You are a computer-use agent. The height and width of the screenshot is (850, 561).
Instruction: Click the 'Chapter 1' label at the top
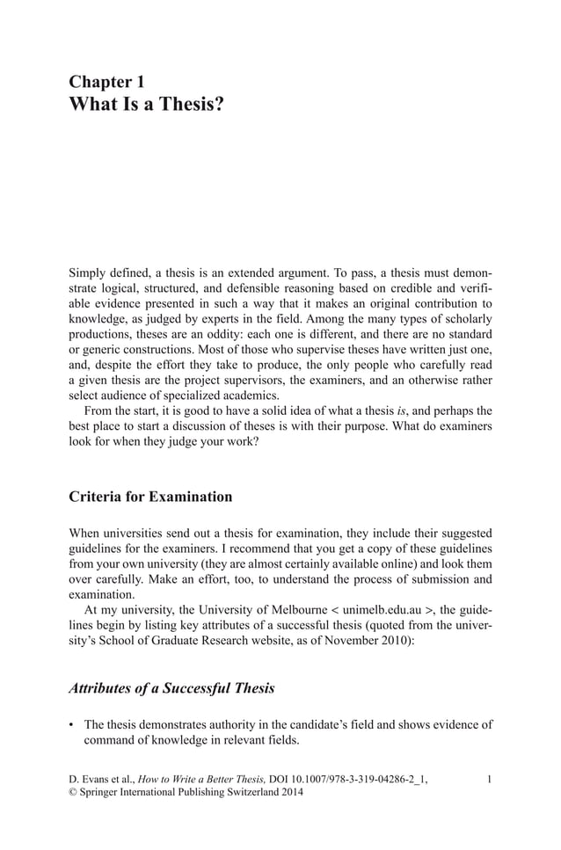(x=106, y=82)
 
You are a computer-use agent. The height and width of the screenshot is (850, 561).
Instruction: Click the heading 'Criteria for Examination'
(x=150, y=497)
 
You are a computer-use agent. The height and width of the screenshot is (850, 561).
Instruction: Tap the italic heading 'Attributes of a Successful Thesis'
(x=171, y=688)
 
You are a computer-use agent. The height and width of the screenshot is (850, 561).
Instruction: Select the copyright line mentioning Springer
(x=186, y=793)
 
